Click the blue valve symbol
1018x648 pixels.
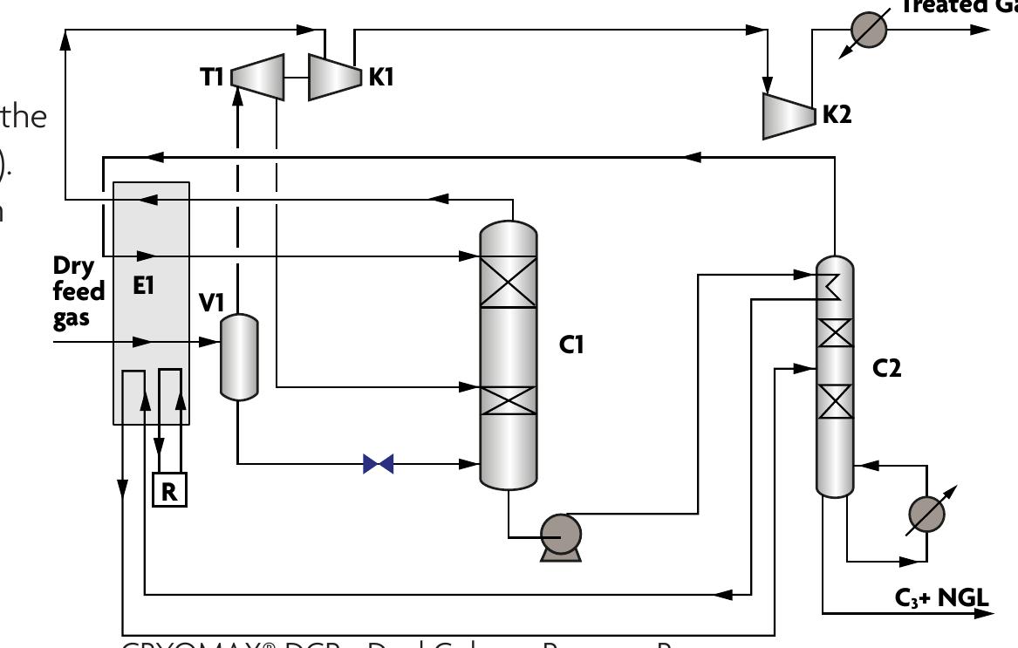click(378, 464)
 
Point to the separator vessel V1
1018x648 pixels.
click(237, 357)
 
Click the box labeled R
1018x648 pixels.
click(169, 490)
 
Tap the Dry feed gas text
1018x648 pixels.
click(78, 290)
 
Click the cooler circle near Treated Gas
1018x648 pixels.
click(868, 30)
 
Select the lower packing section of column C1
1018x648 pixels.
click(509, 401)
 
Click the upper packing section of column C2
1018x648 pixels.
click(835, 332)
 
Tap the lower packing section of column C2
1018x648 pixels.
click(835, 401)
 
